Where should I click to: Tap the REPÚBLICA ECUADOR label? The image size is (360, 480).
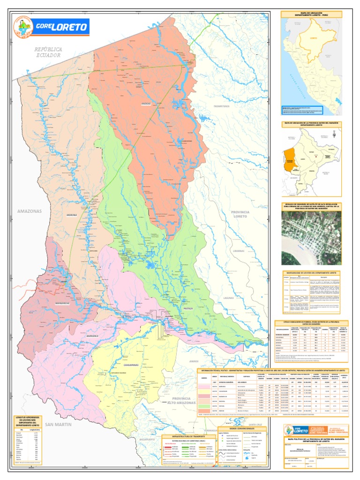click(48, 52)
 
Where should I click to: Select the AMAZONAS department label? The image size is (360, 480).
click(30, 211)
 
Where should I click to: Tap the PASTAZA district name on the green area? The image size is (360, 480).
click(188, 309)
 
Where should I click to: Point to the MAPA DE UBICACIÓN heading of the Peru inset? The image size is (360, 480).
click(311, 14)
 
